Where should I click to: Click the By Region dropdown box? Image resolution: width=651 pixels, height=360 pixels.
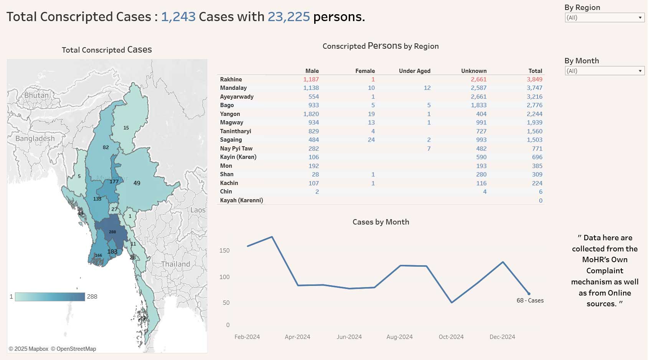pyautogui.click(x=604, y=18)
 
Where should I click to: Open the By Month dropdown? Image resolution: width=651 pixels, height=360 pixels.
pyautogui.click(x=604, y=71)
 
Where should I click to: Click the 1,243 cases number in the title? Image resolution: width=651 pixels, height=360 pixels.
pyautogui.click(x=178, y=17)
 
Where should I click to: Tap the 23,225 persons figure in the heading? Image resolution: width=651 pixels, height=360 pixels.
pyautogui.click(x=288, y=17)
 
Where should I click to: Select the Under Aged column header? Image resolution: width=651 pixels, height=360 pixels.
pyautogui.click(x=414, y=71)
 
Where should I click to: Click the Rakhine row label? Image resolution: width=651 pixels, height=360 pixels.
pyautogui.click(x=231, y=79)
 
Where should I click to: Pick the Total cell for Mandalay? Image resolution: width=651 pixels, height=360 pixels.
pyautogui.click(x=534, y=88)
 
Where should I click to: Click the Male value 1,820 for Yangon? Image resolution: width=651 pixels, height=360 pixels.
pyautogui.click(x=311, y=114)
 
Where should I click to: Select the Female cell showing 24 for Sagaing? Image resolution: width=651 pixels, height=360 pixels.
pyautogui.click(x=371, y=140)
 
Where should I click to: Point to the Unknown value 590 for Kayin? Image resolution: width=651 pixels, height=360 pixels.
pyautogui.click(x=481, y=157)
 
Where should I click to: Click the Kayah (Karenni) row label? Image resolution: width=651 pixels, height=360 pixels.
pyautogui.click(x=241, y=200)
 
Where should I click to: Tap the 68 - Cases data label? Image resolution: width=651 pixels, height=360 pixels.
pyautogui.click(x=530, y=301)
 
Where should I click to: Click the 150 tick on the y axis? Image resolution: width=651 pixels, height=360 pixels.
pyautogui.click(x=224, y=251)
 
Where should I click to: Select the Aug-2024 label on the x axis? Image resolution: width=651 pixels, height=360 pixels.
pyautogui.click(x=399, y=337)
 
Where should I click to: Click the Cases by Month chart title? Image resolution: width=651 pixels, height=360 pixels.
pyautogui.click(x=381, y=222)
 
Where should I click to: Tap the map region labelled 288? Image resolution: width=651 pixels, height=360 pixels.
pyautogui.click(x=112, y=232)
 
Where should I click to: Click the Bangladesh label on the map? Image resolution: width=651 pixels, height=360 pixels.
pyautogui.click(x=35, y=139)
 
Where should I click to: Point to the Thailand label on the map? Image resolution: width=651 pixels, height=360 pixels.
pyautogui.click(x=175, y=264)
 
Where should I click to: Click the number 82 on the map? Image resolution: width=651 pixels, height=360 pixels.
pyautogui.click(x=105, y=147)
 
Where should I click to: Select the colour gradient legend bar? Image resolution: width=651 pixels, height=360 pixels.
pyautogui.click(x=50, y=297)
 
